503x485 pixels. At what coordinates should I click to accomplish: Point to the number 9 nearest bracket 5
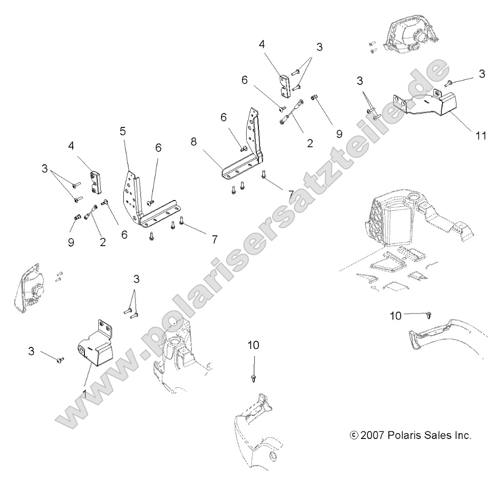click(71, 242)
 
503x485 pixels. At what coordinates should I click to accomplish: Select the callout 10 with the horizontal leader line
click(395, 316)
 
